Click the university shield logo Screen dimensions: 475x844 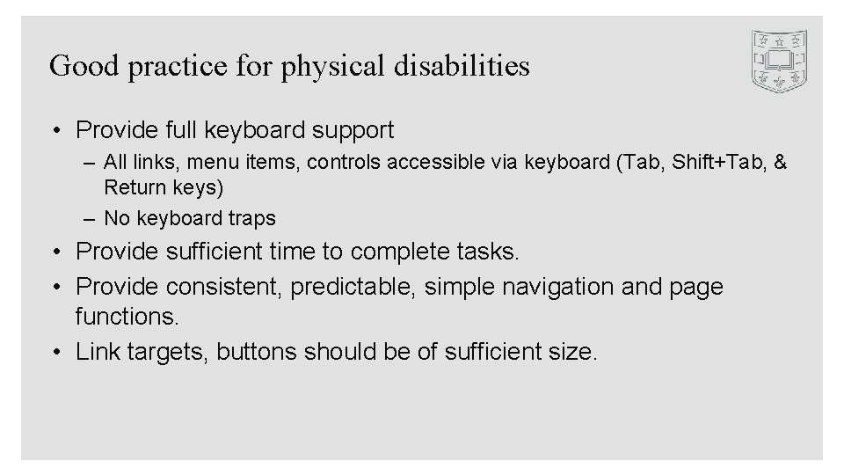pyautogui.click(x=780, y=61)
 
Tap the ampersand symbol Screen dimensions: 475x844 pyautogui.click(x=780, y=162)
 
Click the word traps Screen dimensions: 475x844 pyautogui.click(x=250, y=218)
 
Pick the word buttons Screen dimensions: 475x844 pyautogui.click(x=257, y=353)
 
